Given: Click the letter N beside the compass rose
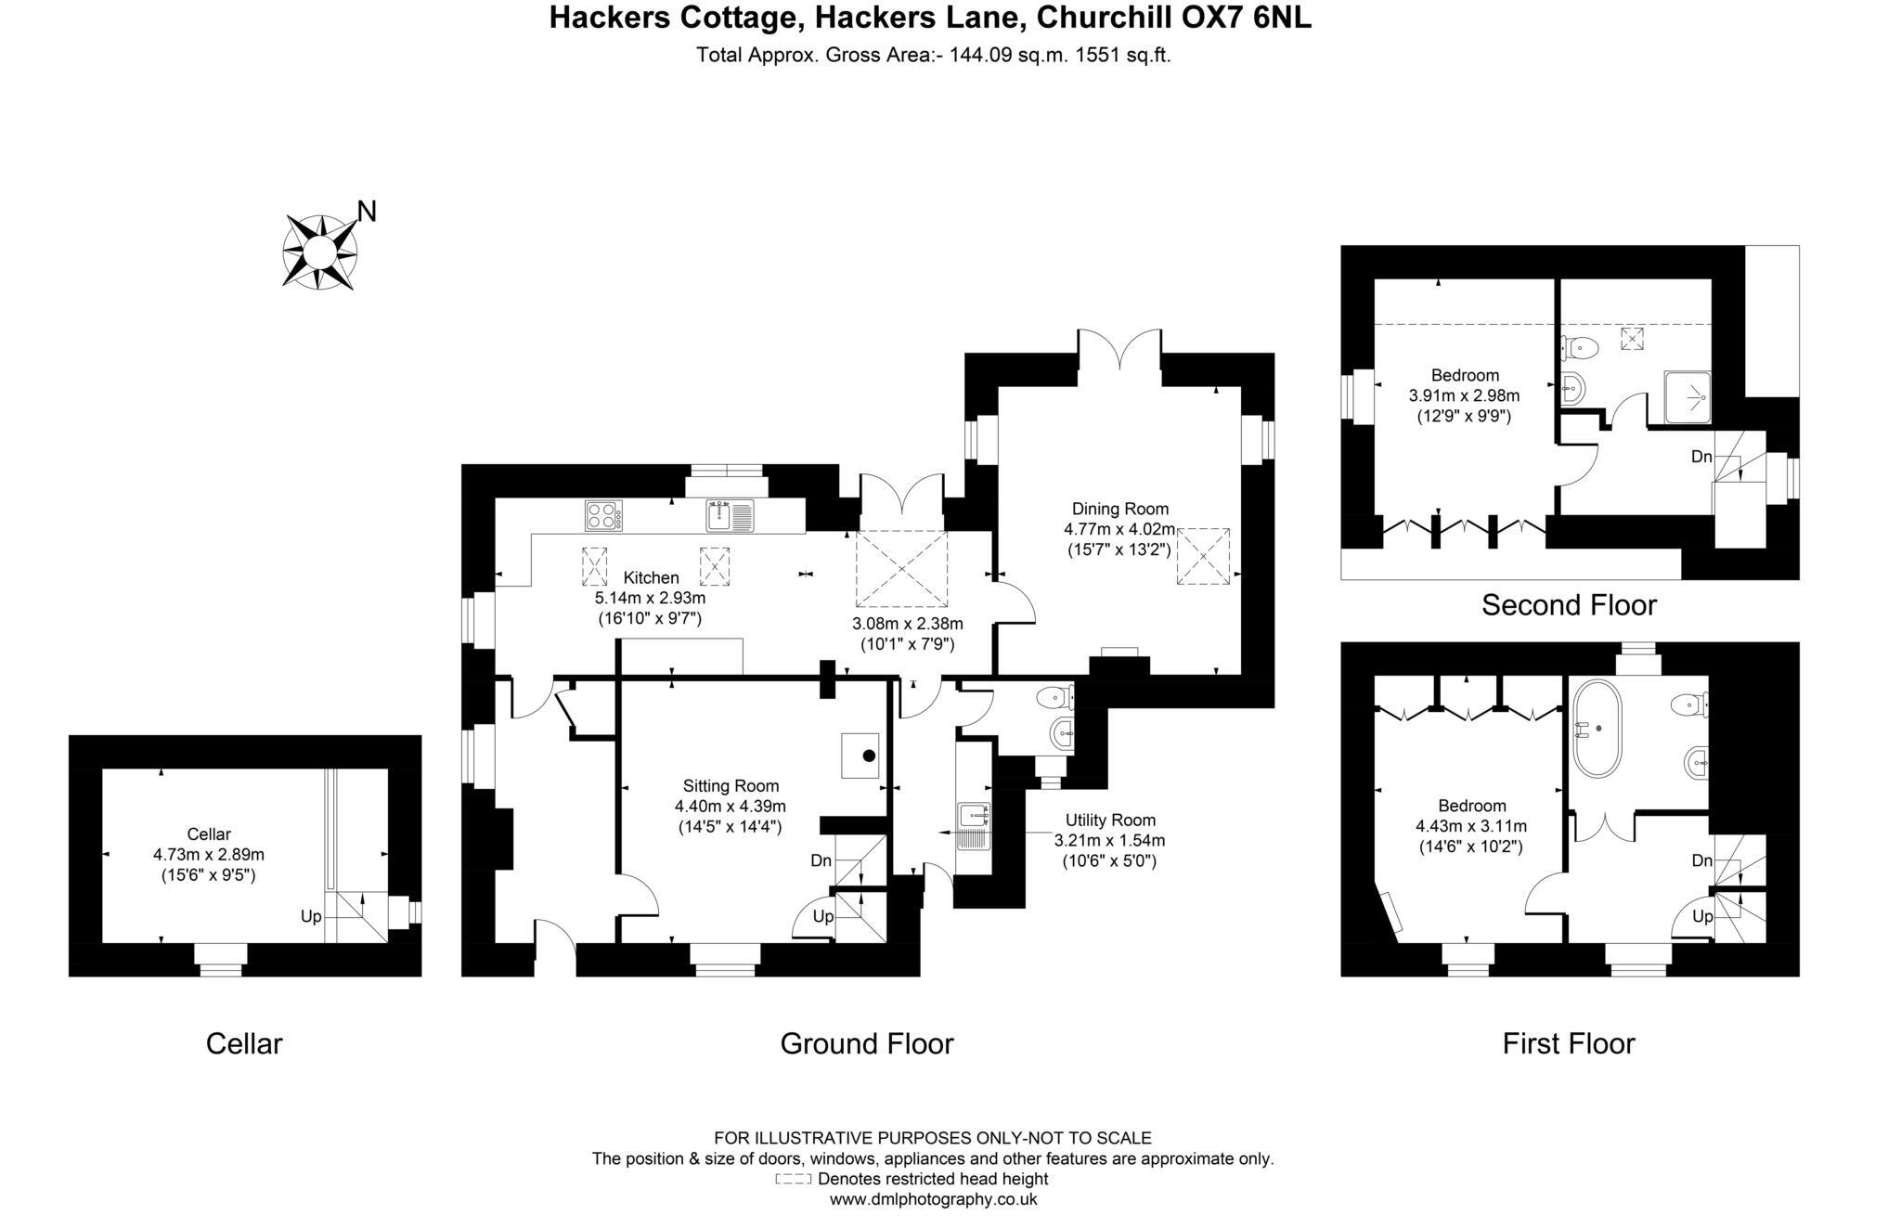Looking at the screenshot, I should tap(367, 212).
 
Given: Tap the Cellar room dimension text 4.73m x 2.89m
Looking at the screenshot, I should tap(209, 854).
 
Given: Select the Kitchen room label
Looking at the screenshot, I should tap(651, 577).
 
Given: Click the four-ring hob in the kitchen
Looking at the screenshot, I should tap(603, 515).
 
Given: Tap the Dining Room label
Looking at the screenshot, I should tap(1119, 509).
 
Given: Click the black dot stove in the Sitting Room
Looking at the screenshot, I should tap(869, 756).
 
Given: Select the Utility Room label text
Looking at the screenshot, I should tap(1110, 820).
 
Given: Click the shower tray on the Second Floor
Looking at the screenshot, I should tap(1687, 397).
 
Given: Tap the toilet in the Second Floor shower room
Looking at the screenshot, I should tap(1579, 348).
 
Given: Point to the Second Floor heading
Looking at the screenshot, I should tap(1569, 605).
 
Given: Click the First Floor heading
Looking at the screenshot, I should tap(1569, 1043).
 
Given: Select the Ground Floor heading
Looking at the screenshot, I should tap(867, 1043).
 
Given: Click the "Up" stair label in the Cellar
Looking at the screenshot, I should tap(311, 916).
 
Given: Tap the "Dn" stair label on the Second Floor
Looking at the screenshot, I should tap(1701, 457).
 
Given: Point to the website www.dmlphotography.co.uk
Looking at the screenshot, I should tap(933, 1199).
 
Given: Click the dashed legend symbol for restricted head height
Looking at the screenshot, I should tap(794, 1180).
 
